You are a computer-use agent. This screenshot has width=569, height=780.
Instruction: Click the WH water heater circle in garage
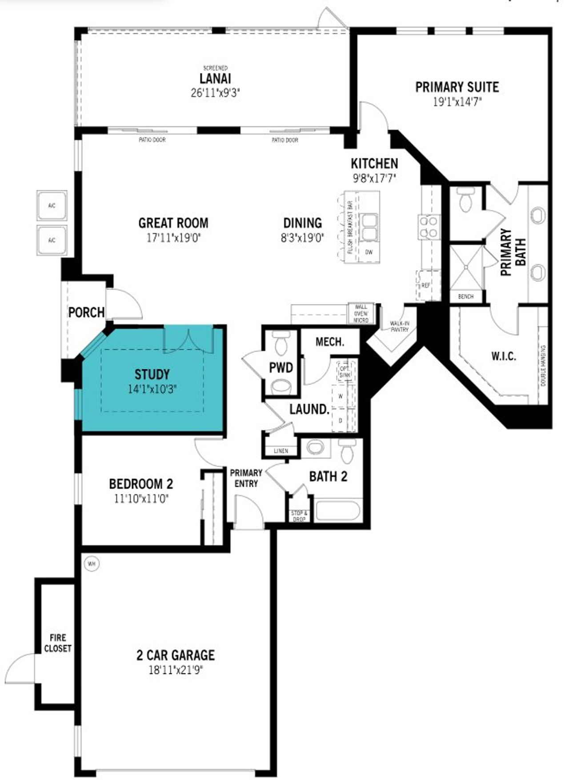click(x=92, y=564)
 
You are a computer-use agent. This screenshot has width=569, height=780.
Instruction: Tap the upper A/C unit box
click(x=52, y=206)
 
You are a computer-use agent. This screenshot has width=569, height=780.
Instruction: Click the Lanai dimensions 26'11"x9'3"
click(x=215, y=93)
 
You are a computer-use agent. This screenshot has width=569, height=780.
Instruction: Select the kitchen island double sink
click(x=369, y=227)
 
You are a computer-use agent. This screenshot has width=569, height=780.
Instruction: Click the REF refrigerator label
click(x=425, y=285)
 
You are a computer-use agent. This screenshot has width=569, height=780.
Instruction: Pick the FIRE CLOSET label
click(x=58, y=643)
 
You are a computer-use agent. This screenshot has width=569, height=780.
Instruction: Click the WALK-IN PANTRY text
click(x=399, y=327)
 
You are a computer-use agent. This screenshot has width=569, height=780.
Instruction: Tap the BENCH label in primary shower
click(x=465, y=296)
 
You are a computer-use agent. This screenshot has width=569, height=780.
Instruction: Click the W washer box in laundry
click(x=341, y=396)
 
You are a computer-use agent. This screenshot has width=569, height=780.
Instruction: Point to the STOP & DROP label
click(x=299, y=516)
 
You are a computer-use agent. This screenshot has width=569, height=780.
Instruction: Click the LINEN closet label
click(x=281, y=451)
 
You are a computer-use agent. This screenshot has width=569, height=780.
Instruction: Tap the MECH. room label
click(x=329, y=342)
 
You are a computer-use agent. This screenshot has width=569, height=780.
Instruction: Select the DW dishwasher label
click(x=369, y=252)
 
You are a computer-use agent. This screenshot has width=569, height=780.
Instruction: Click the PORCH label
click(x=86, y=312)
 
